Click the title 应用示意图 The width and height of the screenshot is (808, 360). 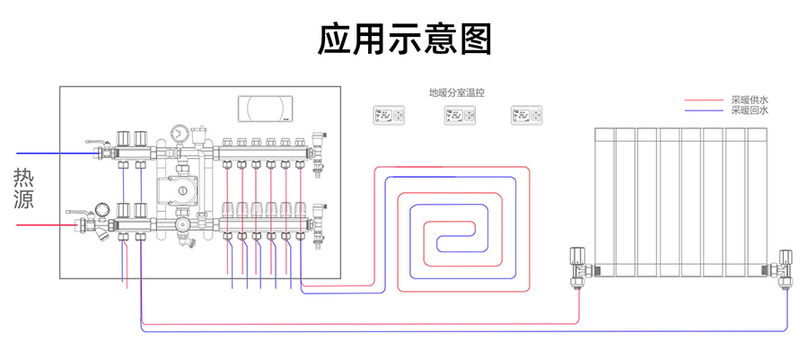coord(404,40)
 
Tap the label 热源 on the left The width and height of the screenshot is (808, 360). coord(23,188)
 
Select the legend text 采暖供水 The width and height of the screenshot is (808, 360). coord(750,100)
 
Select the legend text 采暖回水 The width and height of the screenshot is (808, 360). coord(750,110)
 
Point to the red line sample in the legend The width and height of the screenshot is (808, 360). coord(704,101)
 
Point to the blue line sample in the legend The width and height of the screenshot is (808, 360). coord(704,110)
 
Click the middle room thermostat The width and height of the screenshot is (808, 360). coord(458,116)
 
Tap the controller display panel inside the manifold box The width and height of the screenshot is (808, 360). coord(266,108)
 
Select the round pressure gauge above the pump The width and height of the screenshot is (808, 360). coord(182,134)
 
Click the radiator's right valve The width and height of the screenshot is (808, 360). coord(786,268)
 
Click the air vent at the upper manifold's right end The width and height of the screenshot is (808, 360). coord(315,144)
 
